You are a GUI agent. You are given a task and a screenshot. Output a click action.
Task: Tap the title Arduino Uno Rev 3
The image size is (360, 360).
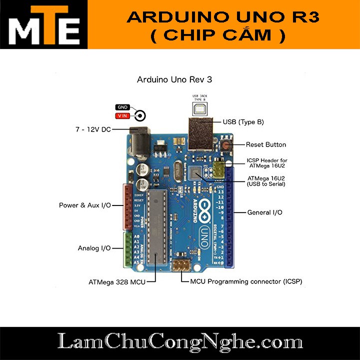click(x=177, y=79)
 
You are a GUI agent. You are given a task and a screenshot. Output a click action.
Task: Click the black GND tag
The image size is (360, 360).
click(x=122, y=107)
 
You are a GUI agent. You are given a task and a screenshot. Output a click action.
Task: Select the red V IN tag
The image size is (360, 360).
click(x=122, y=116)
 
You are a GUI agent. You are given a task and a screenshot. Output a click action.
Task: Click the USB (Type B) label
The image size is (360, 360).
click(x=243, y=121)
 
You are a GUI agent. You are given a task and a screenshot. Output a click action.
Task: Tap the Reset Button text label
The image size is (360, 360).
click(x=265, y=144)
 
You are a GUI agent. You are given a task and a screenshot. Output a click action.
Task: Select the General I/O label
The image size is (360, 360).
click(x=264, y=212)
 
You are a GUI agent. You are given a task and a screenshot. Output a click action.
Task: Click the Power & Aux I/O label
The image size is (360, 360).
click(x=84, y=205)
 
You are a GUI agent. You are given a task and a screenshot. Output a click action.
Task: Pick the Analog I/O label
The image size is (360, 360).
click(x=94, y=248)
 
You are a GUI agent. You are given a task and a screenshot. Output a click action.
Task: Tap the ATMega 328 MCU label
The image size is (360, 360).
click(x=117, y=282)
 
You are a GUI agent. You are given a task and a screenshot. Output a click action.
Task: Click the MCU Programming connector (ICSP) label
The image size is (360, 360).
click(x=246, y=281)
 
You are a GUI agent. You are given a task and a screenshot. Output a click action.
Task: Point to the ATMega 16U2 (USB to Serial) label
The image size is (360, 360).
click(x=266, y=181)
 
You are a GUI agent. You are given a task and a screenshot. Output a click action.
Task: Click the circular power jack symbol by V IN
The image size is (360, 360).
click(x=140, y=116)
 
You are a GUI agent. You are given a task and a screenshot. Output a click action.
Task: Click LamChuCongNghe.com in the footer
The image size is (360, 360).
click(x=180, y=343)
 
